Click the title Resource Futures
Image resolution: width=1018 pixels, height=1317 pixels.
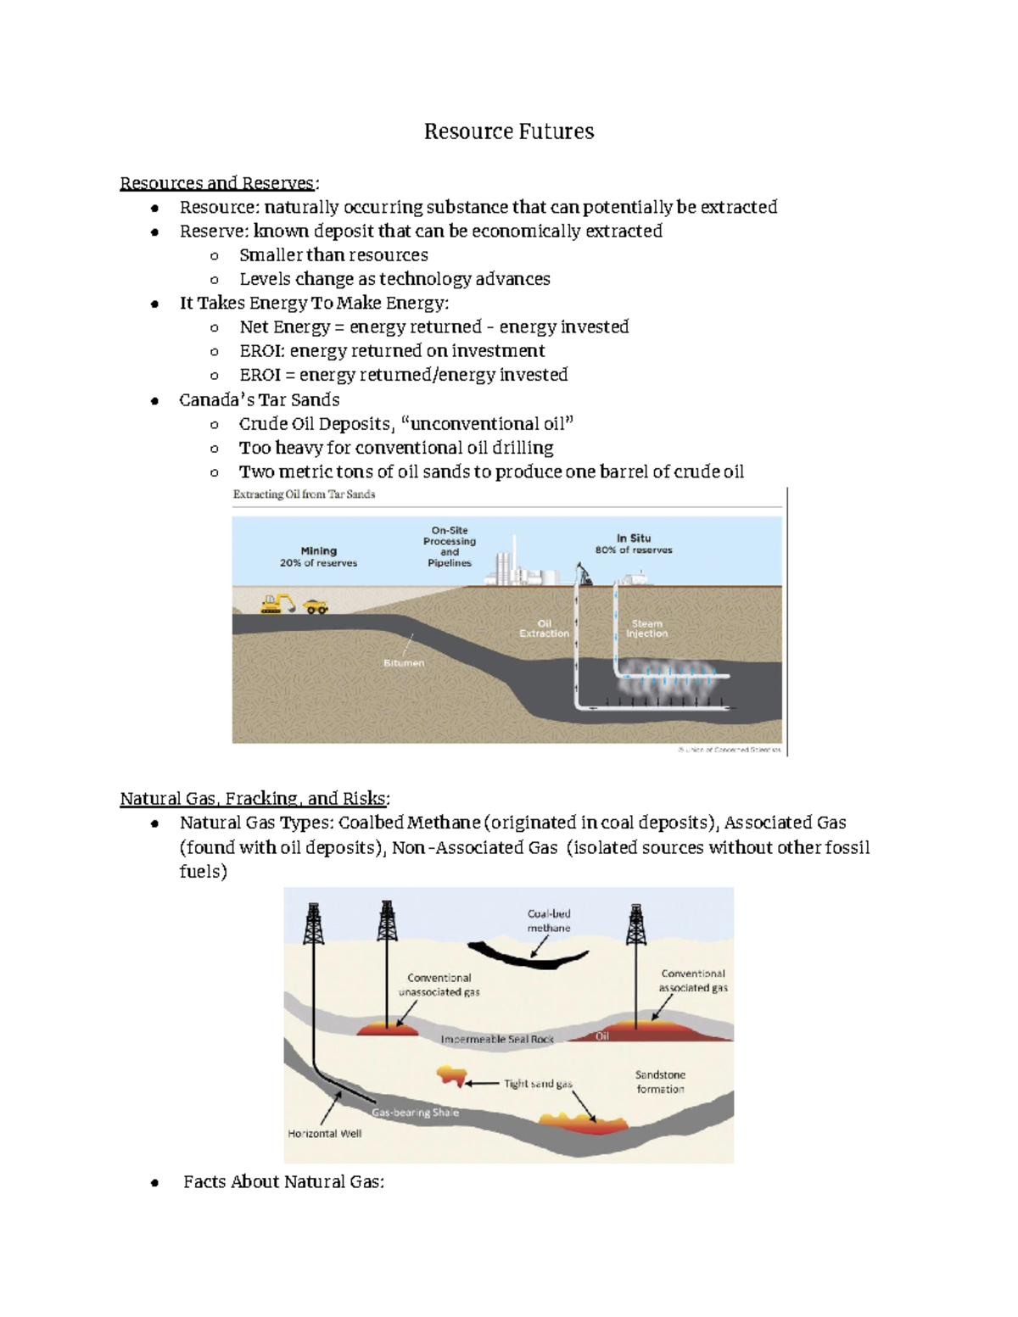pos(509,131)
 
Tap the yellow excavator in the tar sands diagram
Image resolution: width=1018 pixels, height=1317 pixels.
pos(277,603)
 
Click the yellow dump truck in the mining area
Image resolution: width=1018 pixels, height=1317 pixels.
pos(316,605)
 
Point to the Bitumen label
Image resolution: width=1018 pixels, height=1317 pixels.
pos(404,663)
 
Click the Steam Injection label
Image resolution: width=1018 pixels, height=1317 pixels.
pos(646,628)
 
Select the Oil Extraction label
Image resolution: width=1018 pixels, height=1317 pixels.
pos(544,628)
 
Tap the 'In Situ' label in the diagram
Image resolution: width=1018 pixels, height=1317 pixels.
pos(634,538)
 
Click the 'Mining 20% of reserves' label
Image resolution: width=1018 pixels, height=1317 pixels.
pos(318,556)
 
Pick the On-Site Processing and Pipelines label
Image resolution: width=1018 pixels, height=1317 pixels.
pos(450,546)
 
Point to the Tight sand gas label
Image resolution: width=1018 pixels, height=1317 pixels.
pos(538,1084)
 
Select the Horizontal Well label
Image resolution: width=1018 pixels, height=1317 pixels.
pos(324,1134)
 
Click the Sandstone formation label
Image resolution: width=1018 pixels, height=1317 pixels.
pos(660,1081)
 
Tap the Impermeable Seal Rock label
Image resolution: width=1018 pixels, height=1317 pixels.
pos(497,1039)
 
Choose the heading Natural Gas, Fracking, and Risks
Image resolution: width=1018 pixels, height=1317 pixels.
pos(255,798)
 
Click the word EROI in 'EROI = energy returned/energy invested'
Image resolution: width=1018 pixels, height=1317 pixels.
pos(260,375)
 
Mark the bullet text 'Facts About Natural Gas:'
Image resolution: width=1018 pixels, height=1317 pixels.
pos(283,1181)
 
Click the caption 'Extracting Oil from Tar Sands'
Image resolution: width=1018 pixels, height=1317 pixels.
pos(304,494)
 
